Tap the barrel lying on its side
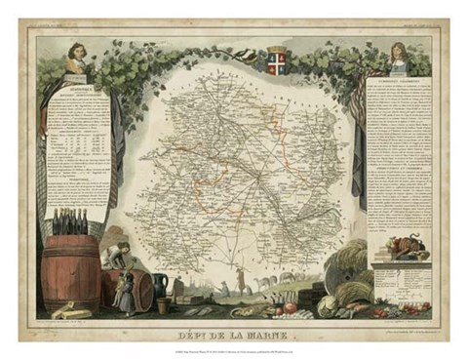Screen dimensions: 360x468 [133, 292]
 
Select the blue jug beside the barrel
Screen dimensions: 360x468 [161, 285]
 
